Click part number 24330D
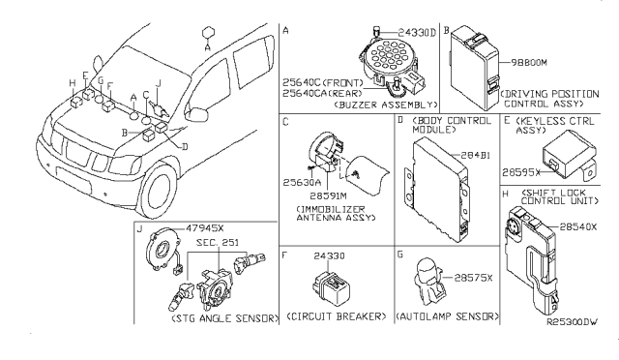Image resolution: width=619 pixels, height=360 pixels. (417, 32)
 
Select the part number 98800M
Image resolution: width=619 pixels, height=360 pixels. (529, 63)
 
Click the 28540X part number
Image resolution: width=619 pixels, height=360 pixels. (578, 226)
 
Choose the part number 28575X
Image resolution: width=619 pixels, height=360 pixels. (473, 278)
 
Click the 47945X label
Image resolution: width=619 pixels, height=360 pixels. (205, 228)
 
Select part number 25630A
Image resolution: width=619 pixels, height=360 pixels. (302, 183)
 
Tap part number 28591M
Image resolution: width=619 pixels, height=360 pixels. (328, 195)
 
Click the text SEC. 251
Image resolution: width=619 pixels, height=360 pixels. (218, 242)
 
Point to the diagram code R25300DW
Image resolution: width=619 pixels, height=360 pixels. (572, 321)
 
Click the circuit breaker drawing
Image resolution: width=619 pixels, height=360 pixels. (331, 288)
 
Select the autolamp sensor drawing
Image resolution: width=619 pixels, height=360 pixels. (427, 281)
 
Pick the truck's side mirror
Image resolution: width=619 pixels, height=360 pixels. (196, 114)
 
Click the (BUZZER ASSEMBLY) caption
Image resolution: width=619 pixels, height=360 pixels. (386, 105)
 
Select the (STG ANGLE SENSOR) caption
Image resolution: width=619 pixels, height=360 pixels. (225, 318)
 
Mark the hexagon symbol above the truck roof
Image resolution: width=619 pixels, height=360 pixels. (208, 33)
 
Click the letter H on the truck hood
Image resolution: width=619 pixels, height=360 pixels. (73, 83)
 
